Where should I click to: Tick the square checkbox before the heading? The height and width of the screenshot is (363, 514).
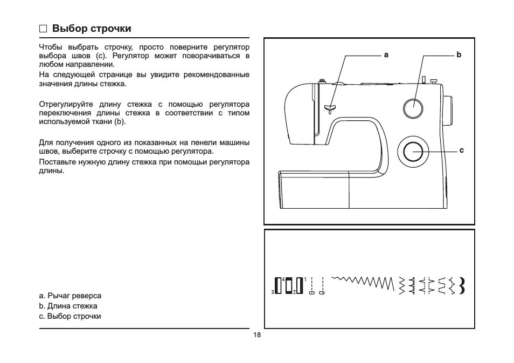(x=44, y=29)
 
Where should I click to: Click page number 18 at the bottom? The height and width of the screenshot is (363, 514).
(x=257, y=335)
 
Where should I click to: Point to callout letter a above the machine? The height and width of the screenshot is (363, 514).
(x=386, y=55)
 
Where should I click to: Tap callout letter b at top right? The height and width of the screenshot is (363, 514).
(x=459, y=55)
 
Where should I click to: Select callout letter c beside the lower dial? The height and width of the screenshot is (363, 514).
(x=461, y=150)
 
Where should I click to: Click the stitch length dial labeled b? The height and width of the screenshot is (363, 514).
(x=413, y=108)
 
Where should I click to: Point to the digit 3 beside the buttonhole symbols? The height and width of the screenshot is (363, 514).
(x=273, y=292)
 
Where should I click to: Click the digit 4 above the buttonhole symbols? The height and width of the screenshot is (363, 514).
(x=283, y=279)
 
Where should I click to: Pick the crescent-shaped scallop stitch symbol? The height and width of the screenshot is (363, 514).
(x=462, y=285)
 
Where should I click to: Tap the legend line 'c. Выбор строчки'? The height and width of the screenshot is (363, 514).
(x=70, y=316)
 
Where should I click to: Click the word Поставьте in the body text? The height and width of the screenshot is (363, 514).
(x=56, y=162)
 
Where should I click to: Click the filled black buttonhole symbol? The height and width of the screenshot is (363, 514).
(x=279, y=285)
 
